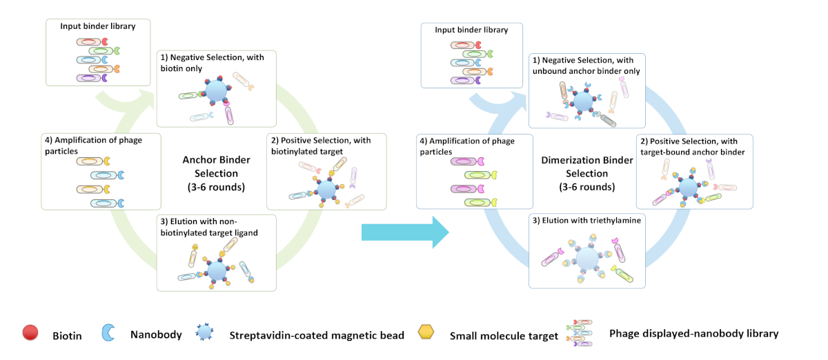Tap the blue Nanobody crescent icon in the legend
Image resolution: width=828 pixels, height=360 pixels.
[x=108, y=332]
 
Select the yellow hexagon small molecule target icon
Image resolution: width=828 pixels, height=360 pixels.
[x=428, y=333]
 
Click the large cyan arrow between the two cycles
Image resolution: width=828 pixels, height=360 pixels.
[x=405, y=232]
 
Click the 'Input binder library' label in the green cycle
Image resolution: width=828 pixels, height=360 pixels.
[x=97, y=26]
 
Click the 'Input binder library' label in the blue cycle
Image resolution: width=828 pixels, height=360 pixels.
[x=471, y=30]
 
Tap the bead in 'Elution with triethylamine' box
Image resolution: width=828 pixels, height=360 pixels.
[x=588, y=259]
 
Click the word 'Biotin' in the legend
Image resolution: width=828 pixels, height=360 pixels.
[x=68, y=335]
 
